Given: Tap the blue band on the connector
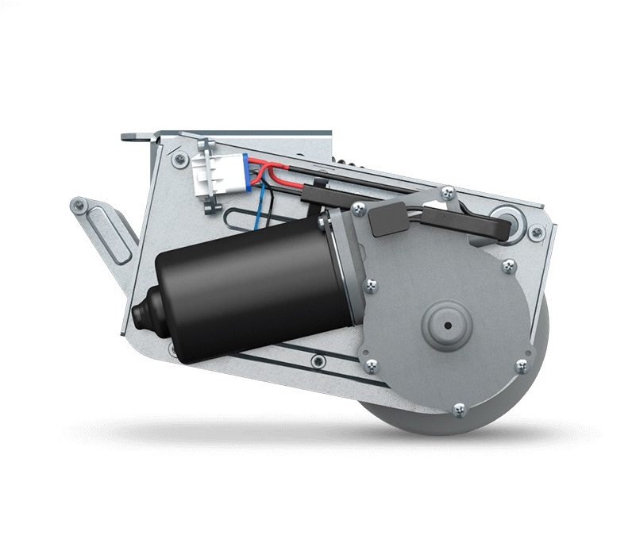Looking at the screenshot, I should click(x=246, y=173).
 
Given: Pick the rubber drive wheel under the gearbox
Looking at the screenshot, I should click(x=476, y=413).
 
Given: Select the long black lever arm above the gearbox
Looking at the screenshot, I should click(x=461, y=226).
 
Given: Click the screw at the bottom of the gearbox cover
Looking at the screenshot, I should click(x=459, y=410).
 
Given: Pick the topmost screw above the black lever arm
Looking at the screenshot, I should click(x=448, y=191).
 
